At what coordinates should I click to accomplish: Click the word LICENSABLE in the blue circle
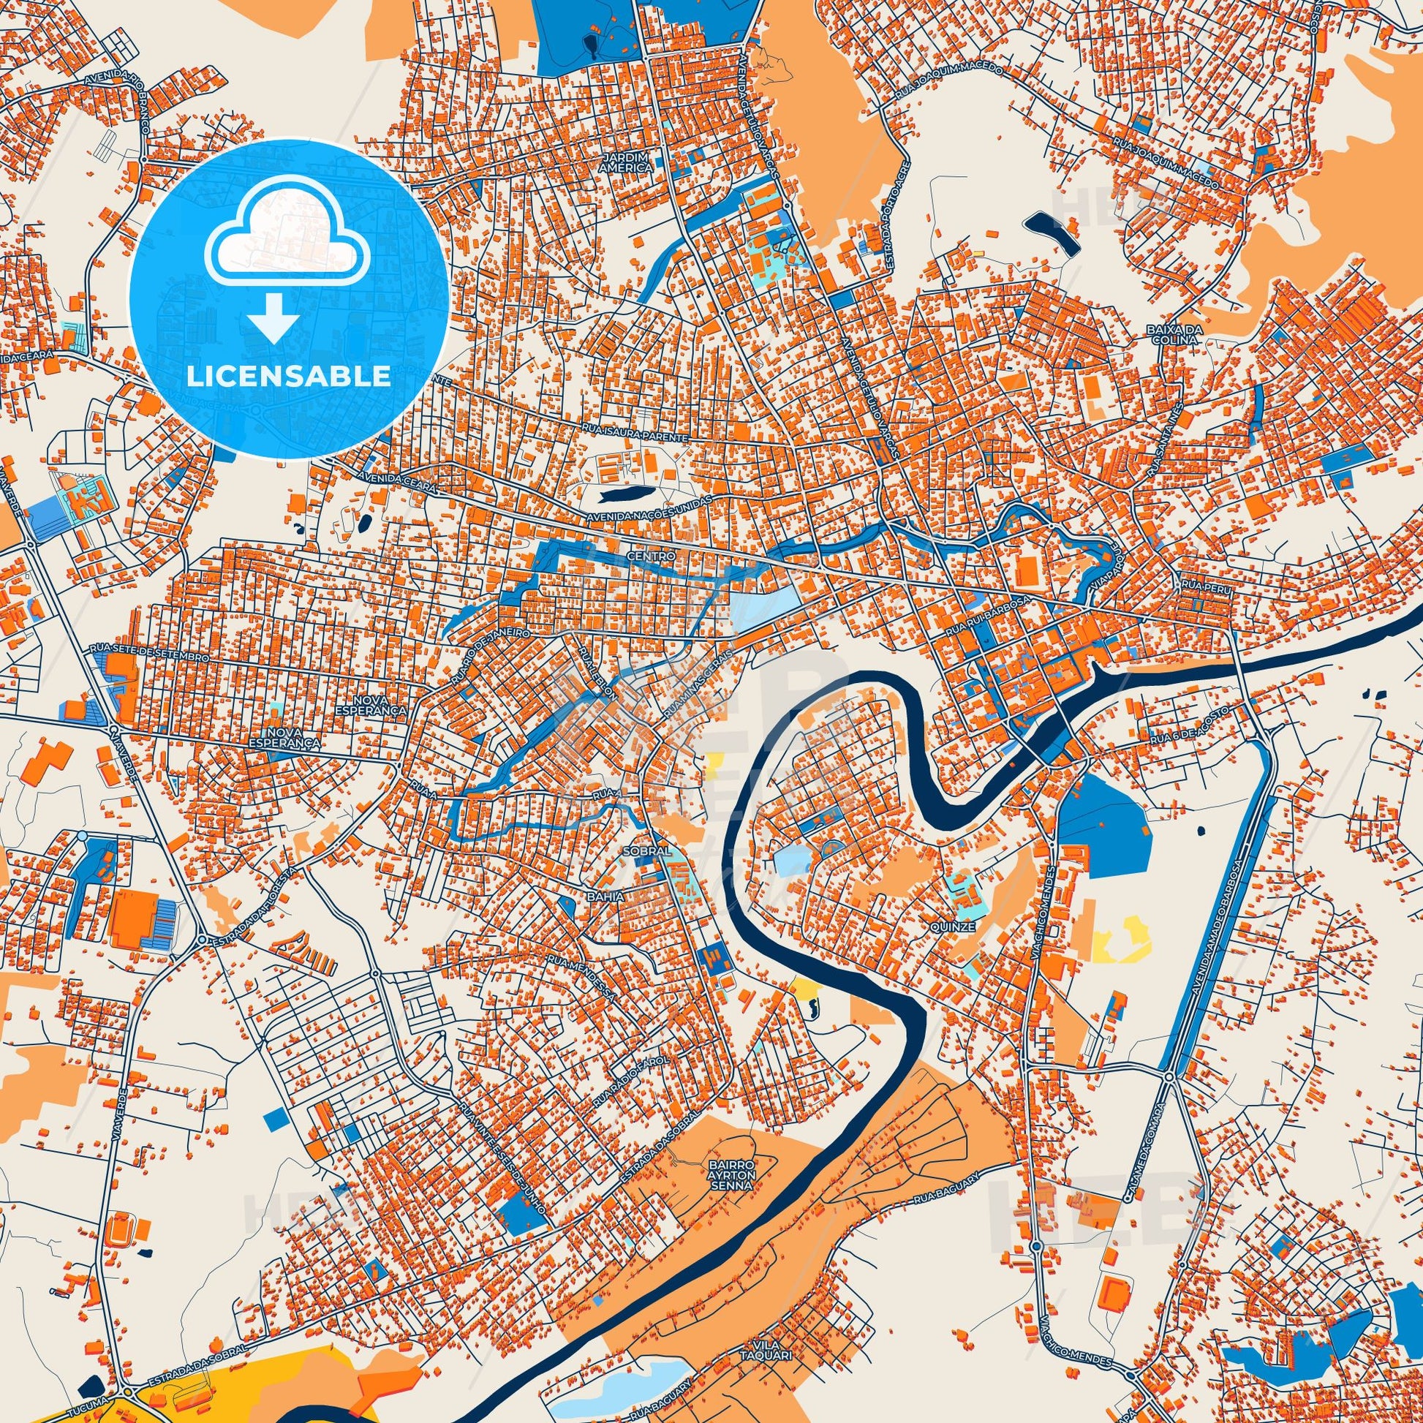coord(288,377)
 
